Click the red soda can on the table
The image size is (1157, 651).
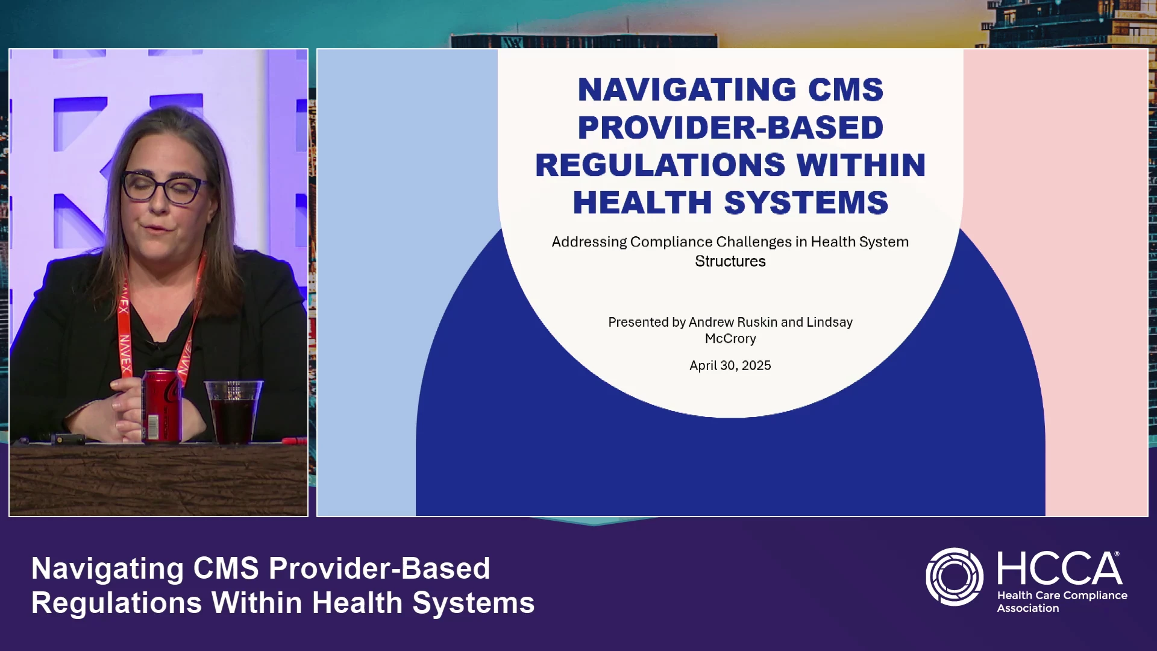(161, 406)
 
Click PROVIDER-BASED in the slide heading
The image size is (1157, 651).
(730, 128)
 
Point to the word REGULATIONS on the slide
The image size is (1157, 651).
(660, 165)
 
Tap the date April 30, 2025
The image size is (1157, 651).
(730, 365)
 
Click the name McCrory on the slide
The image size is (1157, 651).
(730, 339)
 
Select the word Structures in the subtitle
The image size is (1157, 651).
(730, 261)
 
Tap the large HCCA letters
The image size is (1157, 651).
(1059, 568)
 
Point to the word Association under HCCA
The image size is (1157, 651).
(1028, 608)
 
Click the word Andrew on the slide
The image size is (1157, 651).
(711, 322)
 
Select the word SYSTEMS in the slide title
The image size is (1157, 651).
(806, 203)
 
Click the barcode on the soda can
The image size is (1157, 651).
(153, 426)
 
